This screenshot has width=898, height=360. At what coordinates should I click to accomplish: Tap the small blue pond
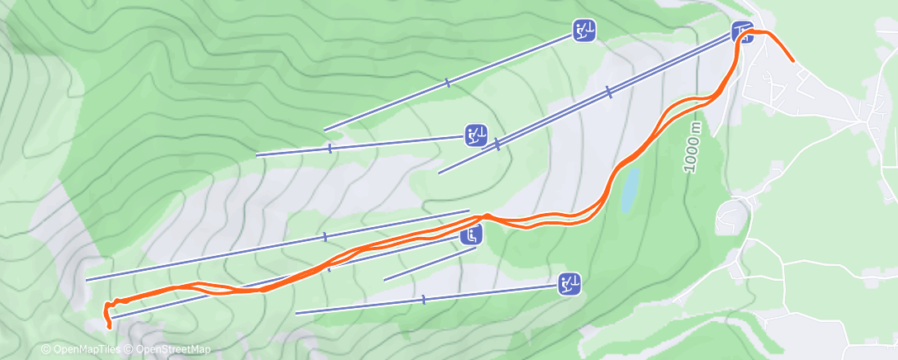(630, 190)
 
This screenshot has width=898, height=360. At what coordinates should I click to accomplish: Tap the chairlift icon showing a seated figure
(471, 234)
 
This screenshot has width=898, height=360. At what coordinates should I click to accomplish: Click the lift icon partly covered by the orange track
(742, 31)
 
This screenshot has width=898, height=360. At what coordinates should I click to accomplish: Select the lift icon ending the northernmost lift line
(584, 31)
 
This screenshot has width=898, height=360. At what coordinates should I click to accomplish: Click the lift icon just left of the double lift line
(475, 135)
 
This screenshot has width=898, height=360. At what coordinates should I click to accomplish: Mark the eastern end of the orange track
(794, 61)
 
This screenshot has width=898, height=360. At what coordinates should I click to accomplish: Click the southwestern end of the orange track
(110, 327)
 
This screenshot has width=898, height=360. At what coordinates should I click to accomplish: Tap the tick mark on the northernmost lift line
(447, 83)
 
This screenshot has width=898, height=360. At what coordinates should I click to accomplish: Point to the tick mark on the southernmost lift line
(423, 299)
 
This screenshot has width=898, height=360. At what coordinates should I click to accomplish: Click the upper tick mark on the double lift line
(608, 92)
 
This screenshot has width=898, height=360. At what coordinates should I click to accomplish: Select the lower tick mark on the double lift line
(498, 144)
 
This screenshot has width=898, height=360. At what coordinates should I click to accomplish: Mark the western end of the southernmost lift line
(296, 313)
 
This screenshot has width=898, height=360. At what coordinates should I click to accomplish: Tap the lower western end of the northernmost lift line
(324, 130)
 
